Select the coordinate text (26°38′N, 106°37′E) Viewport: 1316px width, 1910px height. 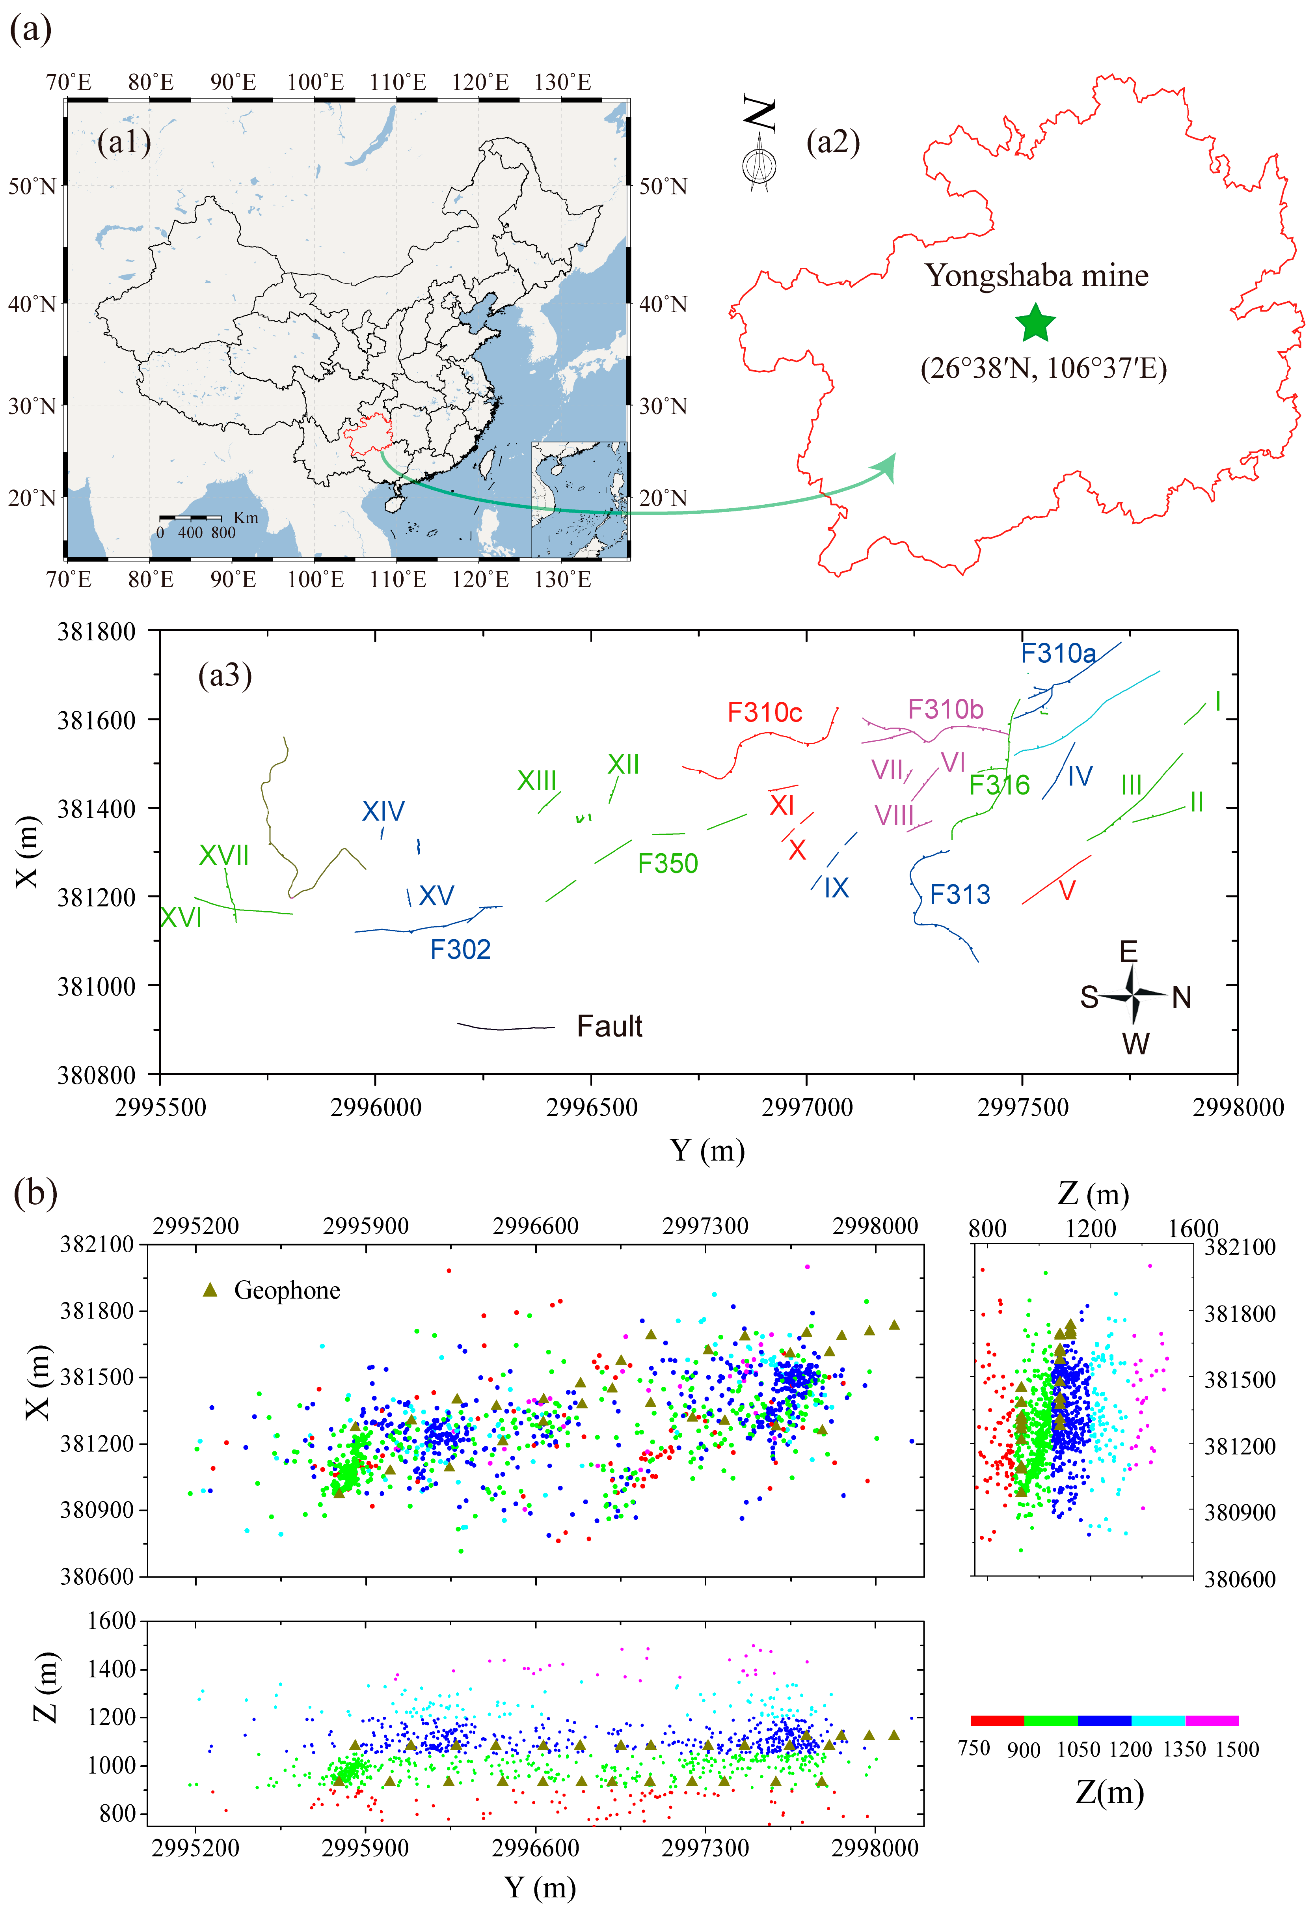(x=1043, y=368)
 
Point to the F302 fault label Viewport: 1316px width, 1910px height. (x=460, y=949)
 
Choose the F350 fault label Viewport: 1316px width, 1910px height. (x=668, y=864)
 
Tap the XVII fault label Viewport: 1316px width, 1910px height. (x=223, y=855)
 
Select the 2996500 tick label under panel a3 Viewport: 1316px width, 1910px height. (x=591, y=1107)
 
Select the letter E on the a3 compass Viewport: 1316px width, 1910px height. (x=1128, y=952)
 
